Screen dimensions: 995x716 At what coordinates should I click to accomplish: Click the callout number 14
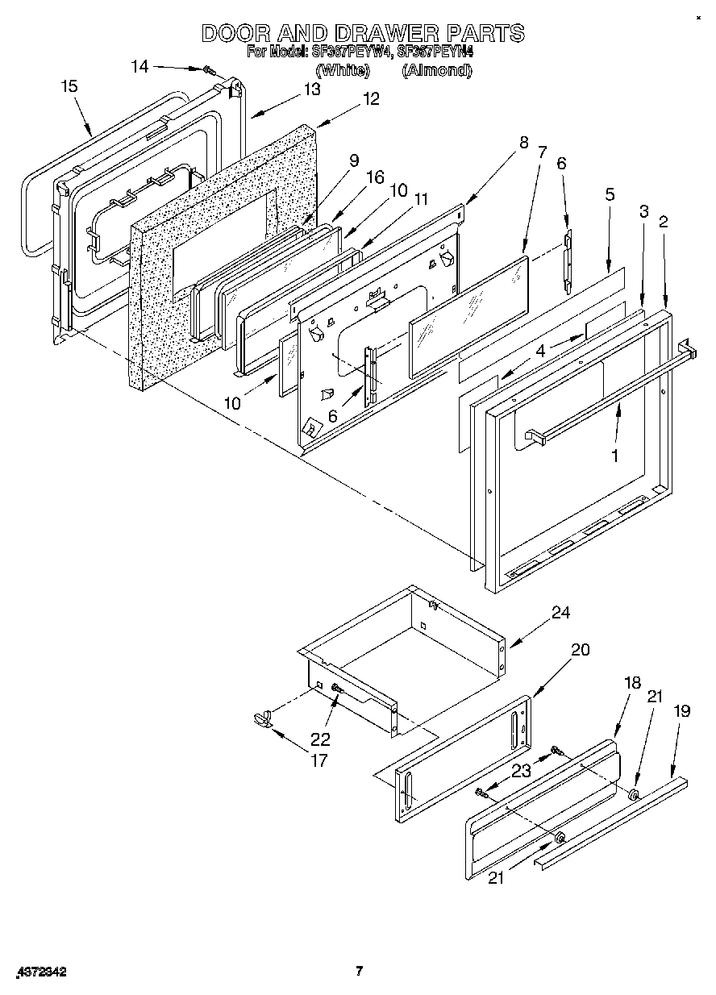point(140,67)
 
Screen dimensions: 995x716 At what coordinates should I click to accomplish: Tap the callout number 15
point(70,86)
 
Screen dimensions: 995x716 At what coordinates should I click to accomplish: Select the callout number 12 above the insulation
point(371,99)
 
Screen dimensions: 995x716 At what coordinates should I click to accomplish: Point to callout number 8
point(523,143)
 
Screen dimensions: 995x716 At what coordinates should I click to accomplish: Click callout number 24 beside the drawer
point(560,613)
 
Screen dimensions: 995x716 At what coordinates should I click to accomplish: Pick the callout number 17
point(319,760)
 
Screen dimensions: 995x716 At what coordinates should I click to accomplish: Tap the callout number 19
point(682,711)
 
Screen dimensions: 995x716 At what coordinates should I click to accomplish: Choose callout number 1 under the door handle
point(614,456)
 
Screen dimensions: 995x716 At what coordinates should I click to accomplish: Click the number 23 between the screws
point(522,770)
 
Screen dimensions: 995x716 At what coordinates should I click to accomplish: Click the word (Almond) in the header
point(436,70)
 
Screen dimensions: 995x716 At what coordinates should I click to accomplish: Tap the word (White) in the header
point(343,70)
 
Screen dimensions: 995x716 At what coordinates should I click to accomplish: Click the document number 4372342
point(40,972)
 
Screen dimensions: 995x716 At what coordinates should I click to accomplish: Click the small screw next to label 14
point(208,71)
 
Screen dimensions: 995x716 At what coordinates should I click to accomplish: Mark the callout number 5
point(610,194)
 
